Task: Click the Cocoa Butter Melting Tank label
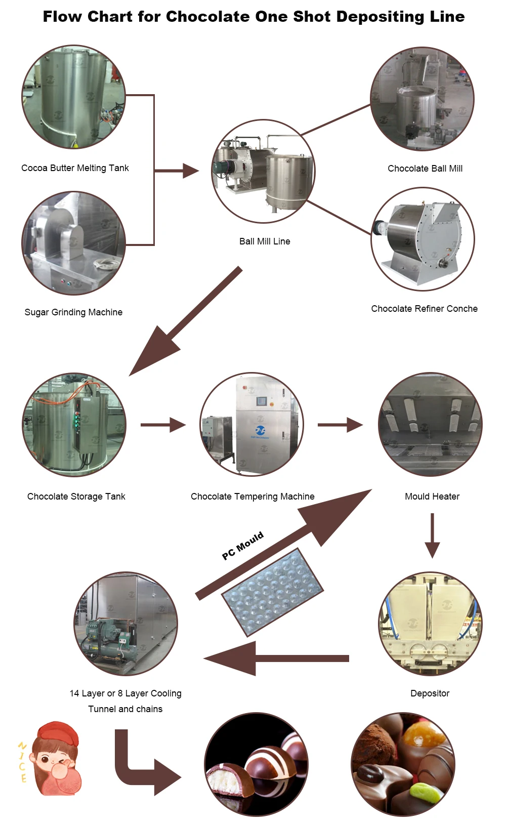pos(75,168)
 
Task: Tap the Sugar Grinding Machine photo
pos(73,243)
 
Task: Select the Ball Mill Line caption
pos(265,241)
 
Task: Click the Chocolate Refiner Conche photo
pos(423,239)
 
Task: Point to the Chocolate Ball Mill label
pos(425,169)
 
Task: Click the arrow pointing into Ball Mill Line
pos(177,171)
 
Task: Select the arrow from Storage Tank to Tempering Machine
pos(163,425)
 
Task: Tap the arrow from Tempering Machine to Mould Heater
pos(340,425)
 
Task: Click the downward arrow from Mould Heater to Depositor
pos(433,535)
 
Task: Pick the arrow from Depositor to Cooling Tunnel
pos(276,658)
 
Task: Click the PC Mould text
pos(243,546)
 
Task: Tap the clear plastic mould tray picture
pos(273,592)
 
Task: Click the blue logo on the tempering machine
pos(261,430)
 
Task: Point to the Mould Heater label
pos(432,497)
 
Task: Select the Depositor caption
pos(430,693)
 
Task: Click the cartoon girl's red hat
pos(59,732)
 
